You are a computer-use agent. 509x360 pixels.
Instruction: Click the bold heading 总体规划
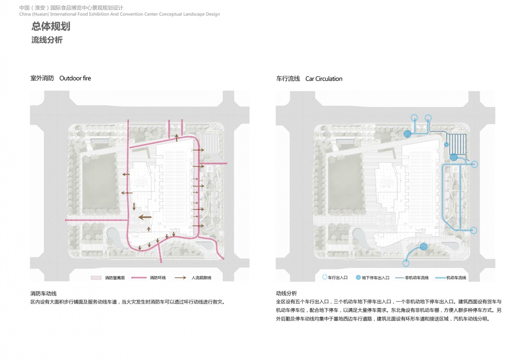(x=51, y=26)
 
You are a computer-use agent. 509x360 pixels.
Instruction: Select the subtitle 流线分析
(x=47, y=40)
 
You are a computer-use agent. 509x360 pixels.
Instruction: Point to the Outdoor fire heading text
(x=75, y=78)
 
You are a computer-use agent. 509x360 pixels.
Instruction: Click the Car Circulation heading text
(x=324, y=79)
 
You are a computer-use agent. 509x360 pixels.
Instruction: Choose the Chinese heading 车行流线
(x=288, y=79)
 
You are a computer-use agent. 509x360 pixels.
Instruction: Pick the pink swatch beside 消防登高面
(x=96, y=278)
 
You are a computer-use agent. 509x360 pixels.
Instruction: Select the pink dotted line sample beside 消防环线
(x=139, y=278)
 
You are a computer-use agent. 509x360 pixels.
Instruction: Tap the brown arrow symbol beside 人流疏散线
(x=180, y=278)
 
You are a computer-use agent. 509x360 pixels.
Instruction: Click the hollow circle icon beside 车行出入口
(x=325, y=277)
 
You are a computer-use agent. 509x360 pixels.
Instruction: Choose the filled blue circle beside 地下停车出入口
(x=358, y=277)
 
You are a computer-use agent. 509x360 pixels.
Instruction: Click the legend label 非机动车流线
(x=417, y=278)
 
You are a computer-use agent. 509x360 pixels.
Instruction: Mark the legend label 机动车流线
(x=456, y=278)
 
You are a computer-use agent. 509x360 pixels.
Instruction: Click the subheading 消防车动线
(x=43, y=294)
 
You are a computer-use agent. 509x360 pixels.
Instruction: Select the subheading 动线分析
(x=286, y=293)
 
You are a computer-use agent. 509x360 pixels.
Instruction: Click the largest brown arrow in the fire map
(x=145, y=217)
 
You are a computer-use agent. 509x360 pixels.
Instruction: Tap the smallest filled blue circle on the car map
(x=446, y=144)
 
